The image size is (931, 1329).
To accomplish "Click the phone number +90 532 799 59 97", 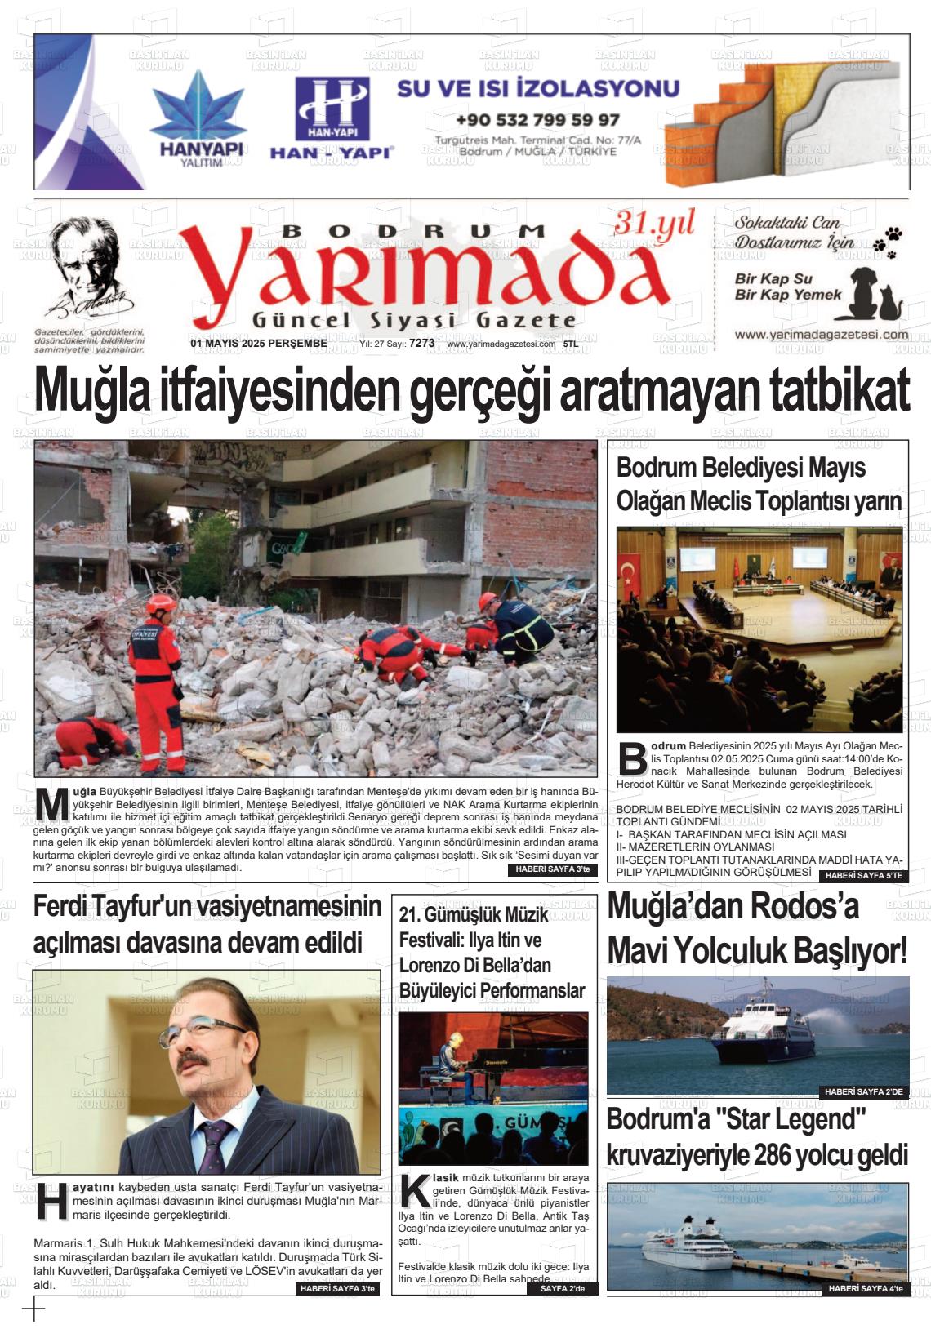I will click(537, 119).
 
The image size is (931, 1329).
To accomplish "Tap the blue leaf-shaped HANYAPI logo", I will click(198, 106).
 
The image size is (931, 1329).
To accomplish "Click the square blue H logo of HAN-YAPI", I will click(332, 108).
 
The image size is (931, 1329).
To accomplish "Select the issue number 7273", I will click(421, 344).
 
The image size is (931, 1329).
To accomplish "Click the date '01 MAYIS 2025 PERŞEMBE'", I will click(258, 344).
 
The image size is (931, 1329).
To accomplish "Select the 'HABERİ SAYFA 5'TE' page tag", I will click(863, 876).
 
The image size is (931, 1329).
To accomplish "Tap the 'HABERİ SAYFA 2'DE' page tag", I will click(863, 1091).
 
